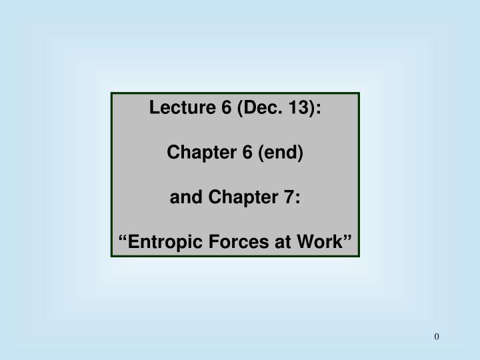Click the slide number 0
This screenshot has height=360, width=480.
pyautogui.click(x=437, y=337)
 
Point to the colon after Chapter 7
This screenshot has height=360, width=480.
pyautogui.click(x=297, y=198)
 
